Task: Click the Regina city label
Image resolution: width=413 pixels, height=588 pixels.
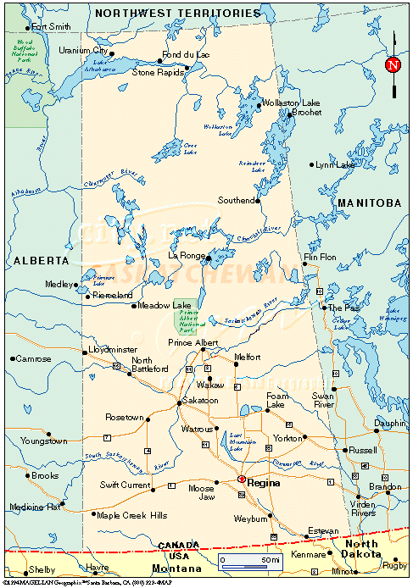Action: (x=264, y=482)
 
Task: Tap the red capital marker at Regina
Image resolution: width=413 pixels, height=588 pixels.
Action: (x=242, y=479)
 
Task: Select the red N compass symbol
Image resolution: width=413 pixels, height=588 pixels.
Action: (x=392, y=65)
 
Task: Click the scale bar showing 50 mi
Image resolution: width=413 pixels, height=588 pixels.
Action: (x=248, y=561)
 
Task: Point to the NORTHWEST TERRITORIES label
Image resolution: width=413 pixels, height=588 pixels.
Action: (x=177, y=14)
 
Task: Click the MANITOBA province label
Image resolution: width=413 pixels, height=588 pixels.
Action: (x=368, y=203)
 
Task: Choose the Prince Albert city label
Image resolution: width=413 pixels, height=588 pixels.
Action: (x=193, y=342)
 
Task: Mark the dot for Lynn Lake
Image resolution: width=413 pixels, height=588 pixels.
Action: (x=311, y=164)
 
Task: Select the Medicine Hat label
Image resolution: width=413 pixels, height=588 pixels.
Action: (x=35, y=507)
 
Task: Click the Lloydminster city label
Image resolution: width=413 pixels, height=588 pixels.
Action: (x=112, y=349)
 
